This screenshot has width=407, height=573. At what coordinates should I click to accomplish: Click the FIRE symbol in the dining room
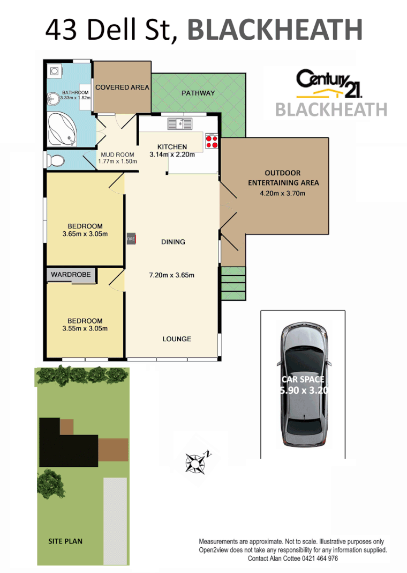click(131, 239)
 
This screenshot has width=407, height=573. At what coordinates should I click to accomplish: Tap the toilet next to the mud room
click(56, 160)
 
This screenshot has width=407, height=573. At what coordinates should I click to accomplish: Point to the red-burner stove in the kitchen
click(210, 141)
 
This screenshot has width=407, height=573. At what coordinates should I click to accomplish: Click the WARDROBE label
click(71, 275)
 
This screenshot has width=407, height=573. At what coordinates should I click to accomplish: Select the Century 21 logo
click(330, 80)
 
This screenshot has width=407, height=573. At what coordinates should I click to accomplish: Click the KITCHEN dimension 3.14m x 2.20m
click(171, 155)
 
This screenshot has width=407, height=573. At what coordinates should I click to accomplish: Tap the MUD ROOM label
click(117, 155)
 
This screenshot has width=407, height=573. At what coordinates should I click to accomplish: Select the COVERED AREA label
click(122, 87)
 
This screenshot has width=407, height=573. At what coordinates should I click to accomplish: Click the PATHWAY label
click(198, 93)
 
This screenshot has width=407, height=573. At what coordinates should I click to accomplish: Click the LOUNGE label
click(177, 339)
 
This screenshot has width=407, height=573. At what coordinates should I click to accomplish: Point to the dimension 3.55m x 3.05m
click(85, 329)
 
